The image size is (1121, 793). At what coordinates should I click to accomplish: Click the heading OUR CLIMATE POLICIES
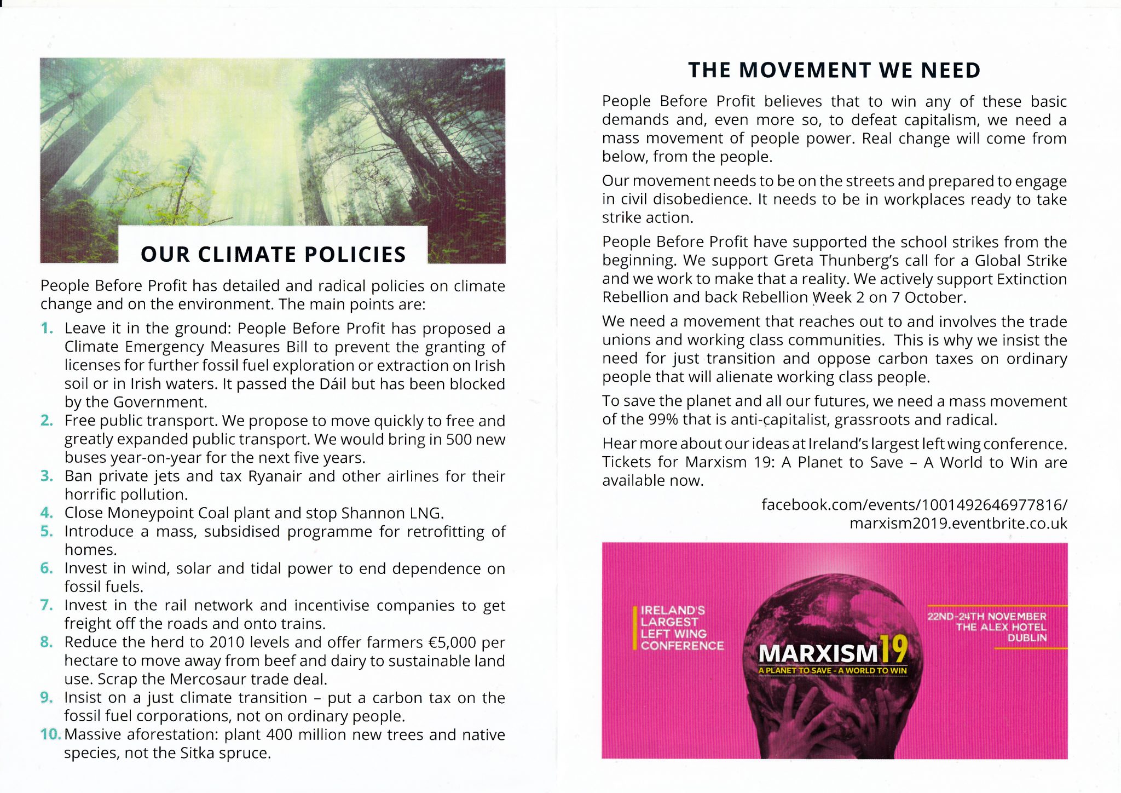pos(273,255)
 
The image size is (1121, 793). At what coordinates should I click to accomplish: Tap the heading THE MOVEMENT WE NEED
pos(834,71)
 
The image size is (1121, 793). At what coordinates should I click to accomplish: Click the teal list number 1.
pos(47,328)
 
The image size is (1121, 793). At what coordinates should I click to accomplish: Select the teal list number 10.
pos(50,734)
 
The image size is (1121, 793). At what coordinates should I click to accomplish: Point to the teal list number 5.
pos(47,531)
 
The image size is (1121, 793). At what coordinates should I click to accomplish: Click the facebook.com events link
pos(914,504)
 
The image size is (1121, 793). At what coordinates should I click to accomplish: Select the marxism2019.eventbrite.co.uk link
pos(958,523)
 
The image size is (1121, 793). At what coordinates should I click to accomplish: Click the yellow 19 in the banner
pos(894,650)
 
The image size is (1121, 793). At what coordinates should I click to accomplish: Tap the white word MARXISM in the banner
pos(818,653)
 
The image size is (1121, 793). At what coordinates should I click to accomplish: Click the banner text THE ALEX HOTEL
pos(1001,627)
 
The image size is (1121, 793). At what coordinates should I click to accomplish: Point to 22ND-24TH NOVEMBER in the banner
pos(986,616)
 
